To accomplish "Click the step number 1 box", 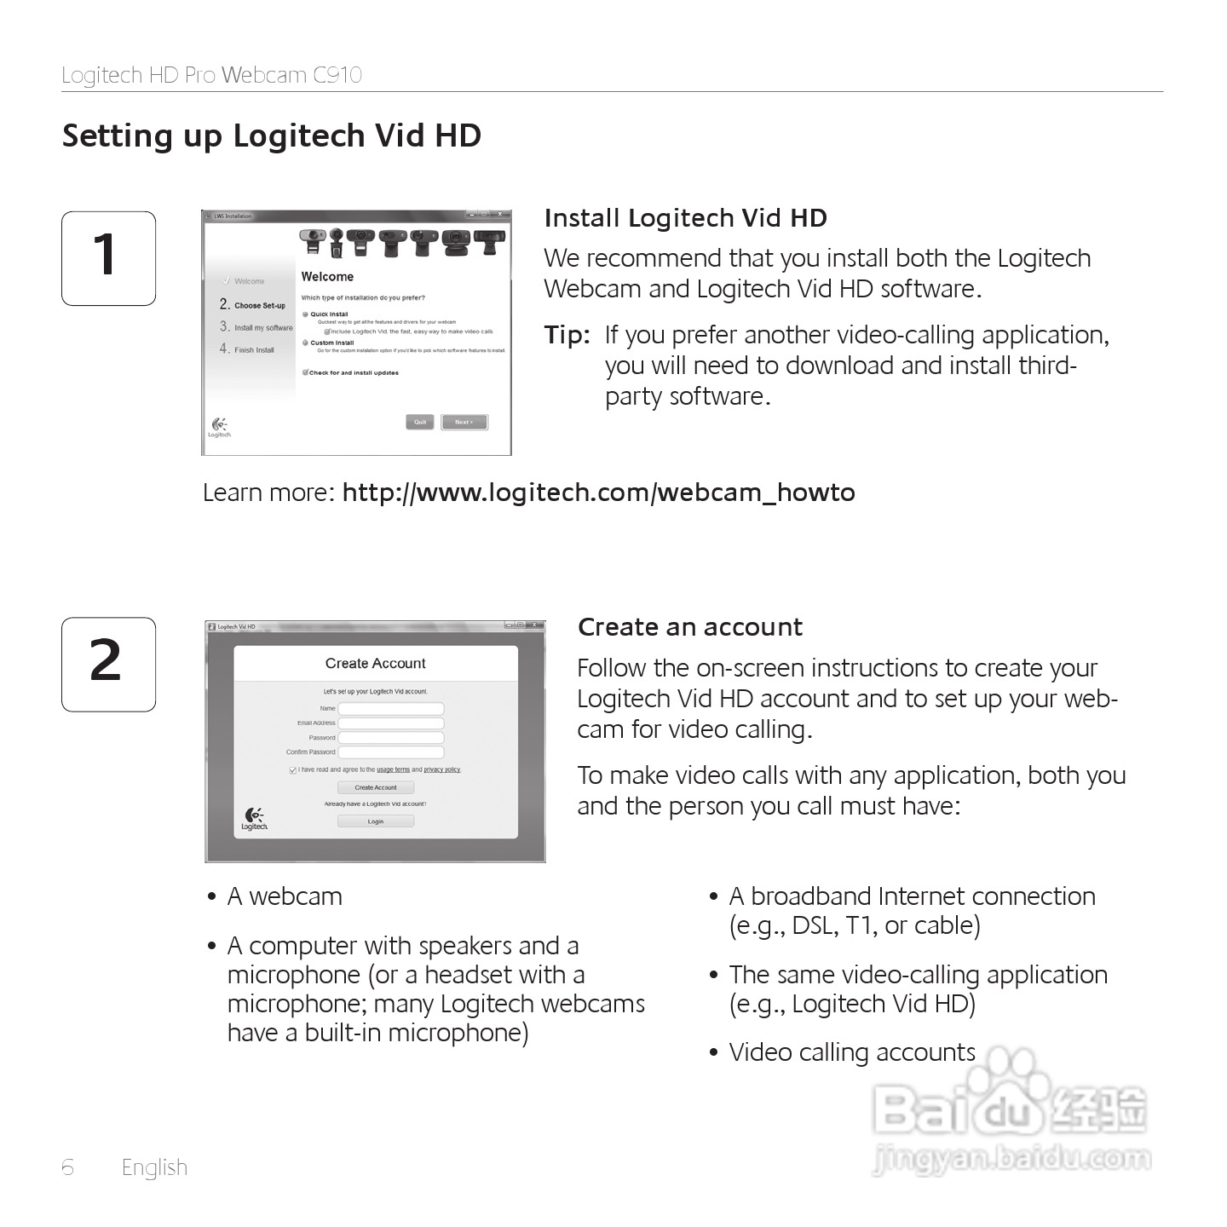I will [x=108, y=258].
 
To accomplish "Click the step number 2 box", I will [x=108, y=664].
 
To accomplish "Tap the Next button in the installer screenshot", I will [x=464, y=422].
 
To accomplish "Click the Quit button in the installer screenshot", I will [x=420, y=422].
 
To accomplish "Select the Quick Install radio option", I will [x=306, y=314].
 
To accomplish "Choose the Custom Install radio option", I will [x=306, y=343].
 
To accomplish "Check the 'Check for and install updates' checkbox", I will [x=305, y=372].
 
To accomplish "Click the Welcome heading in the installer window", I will [x=327, y=277].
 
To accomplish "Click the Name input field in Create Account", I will [x=391, y=709].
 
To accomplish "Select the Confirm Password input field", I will [x=391, y=752].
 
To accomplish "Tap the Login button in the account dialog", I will [x=376, y=821].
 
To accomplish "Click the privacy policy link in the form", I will [x=441, y=769].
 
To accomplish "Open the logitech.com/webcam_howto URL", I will [x=598, y=493].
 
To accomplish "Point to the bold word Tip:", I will [x=567, y=335].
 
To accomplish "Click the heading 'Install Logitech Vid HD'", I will [x=685, y=218].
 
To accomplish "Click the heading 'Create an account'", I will [x=689, y=627].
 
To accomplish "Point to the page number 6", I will [x=68, y=1167].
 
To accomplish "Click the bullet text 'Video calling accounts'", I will [x=851, y=1052].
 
